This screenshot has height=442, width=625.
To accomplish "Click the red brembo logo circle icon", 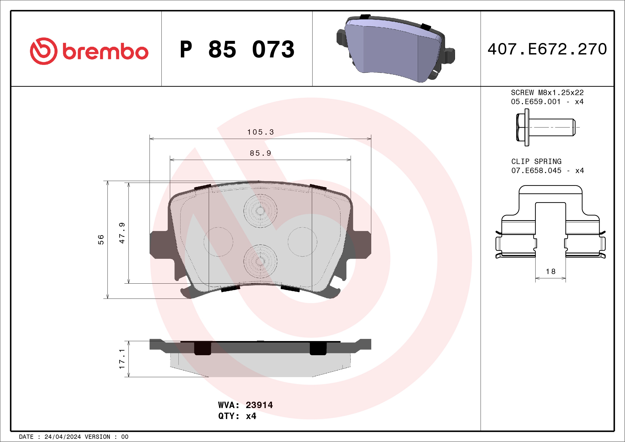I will tap(44, 51).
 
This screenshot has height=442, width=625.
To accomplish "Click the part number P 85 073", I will tap(237, 49).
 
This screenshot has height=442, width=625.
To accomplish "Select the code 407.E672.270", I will tap(547, 49).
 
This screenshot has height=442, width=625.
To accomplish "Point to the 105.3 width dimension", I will tap(260, 132).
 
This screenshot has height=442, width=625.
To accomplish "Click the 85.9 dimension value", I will tap(260, 154).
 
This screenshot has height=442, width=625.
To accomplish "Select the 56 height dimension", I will tap(101, 240).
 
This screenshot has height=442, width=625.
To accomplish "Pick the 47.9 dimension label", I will tap(122, 233).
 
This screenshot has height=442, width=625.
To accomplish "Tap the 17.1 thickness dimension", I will tap(122, 359).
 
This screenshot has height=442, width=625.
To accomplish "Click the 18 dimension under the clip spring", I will tap(550, 272).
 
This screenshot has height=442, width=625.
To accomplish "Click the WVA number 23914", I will tap(259, 405).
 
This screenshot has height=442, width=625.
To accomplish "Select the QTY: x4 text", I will tap(237, 416).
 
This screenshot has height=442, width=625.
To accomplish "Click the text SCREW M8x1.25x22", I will tap(547, 92).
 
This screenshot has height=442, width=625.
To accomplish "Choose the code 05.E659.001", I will tap(536, 102).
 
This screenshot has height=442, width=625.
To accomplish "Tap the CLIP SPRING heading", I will tap(536, 161).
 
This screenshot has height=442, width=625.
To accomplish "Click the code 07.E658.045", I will tap(536, 171).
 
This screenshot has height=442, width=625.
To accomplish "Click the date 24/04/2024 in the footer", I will tap(62, 437).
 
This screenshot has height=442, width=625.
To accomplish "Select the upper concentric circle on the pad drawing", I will tap(260, 211).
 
